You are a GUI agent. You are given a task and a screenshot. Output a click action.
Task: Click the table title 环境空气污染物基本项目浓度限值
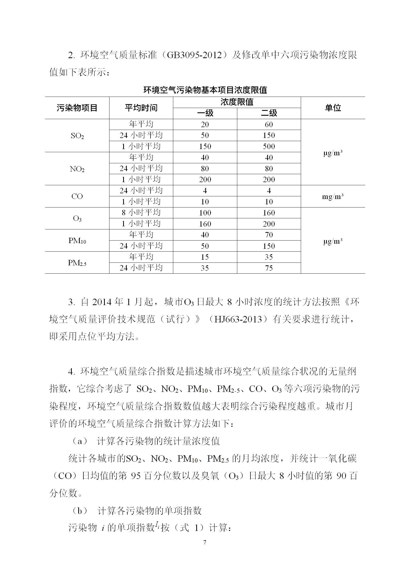pyautogui.click(x=205, y=90)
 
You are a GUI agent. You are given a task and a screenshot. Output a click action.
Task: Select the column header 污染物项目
pyautogui.click(x=77, y=108)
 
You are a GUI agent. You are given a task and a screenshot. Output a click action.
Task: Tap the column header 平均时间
pyautogui.click(x=141, y=108)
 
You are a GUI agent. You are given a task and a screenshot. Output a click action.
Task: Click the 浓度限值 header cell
pyautogui.click(x=237, y=102)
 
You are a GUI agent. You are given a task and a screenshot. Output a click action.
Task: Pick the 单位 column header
pyautogui.click(x=333, y=108)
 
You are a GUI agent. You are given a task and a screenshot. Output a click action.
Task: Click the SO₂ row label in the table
pyautogui.click(x=77, y=136)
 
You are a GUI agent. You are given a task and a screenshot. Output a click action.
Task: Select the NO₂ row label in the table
pyautogui.click(x=77, y=169)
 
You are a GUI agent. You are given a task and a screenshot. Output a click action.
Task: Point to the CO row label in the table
pyautogui.click(x=77, y=196)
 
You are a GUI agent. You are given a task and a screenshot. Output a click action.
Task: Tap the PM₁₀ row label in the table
pyautogui.click(x=77, y=241)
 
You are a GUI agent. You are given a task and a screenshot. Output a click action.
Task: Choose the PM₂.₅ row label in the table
pyautogui.click(x=77, y=263)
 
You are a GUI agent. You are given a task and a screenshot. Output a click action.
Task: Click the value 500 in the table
pyautogui.click(x=269, y=146)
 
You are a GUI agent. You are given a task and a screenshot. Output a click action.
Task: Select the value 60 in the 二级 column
pyautogui.click(x=269, y=125)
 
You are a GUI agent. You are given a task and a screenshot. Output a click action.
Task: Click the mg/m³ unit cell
pyautogui.click(x=333, y=197)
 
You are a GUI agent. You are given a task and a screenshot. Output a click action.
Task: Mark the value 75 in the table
pyautogui.click(x=269, y=268)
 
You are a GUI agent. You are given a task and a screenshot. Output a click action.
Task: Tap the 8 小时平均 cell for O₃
pyautogui.click(x=141, y=213)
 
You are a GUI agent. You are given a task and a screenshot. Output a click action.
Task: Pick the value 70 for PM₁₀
pyautogui.click(x=269, y=235)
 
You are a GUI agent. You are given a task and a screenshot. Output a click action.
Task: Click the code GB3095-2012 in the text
pyautogui.click(x=194, y=55)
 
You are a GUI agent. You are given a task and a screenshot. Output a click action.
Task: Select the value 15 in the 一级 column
pyautogui.click(x=205, y=257)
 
